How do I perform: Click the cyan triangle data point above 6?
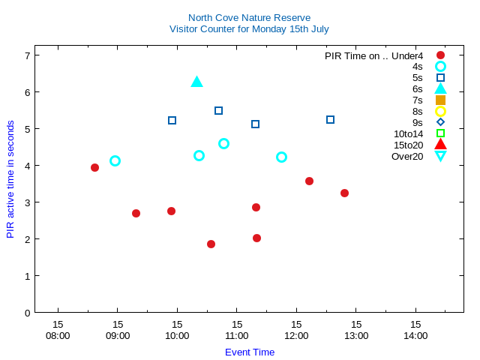coord(196,82)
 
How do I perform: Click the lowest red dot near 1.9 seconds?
coord(211,244)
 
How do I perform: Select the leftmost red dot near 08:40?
coord(94,167)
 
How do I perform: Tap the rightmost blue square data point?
coord(330,119)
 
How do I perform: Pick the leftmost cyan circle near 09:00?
coord(115,160)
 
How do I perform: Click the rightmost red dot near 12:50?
coord(344,193)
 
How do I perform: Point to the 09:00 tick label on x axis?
coord(118,330)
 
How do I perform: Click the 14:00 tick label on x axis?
coord(415,330)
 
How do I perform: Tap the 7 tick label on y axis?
coord(27,55)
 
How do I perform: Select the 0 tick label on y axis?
coord(27,313)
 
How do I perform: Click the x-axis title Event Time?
coord(250,352)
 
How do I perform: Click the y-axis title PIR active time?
coord(10,179)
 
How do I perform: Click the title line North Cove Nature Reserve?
coord(249,17)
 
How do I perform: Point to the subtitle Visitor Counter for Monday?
coord(249,29)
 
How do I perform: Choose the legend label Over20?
coord(407,156)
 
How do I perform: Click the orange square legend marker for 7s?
coord(440,100)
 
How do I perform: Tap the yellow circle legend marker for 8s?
coord(440,111)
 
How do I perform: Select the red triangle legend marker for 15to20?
coord(440,145)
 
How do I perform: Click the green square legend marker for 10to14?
coord(440,133)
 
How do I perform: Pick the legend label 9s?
coord(417,122)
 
